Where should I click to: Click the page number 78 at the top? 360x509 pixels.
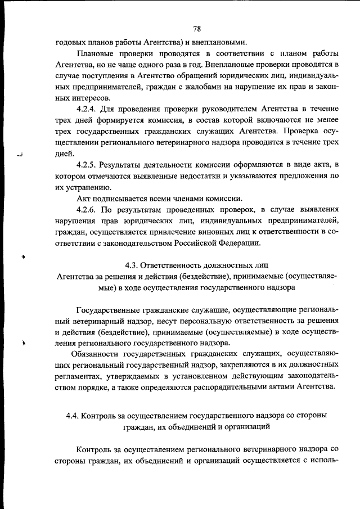pos(197,29)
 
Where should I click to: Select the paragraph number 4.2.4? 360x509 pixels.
pos(89,108)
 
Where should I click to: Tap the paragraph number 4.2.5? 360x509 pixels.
pos(89,165)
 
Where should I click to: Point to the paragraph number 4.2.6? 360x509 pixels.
pos(89,209)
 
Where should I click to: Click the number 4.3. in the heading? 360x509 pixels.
pos(131,264)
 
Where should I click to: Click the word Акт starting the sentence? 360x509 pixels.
pos(84,198)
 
